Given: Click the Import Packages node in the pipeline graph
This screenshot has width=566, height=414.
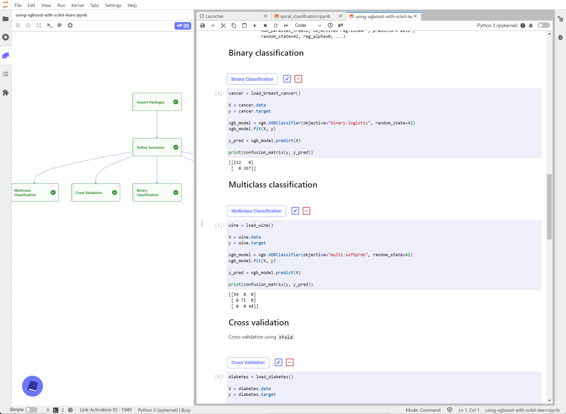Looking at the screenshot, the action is coord(157,102).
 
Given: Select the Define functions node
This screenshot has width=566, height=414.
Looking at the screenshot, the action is coord(157,147).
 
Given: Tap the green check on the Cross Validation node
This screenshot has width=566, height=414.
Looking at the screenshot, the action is coord(114,192).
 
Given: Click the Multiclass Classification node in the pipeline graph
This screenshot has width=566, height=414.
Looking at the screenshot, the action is coord(35,192).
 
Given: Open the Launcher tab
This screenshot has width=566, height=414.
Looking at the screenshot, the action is coord(215,16).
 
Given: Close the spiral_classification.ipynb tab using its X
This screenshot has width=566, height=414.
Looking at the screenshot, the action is coord(340,16).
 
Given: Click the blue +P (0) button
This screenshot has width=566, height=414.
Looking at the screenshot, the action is coord(183,26).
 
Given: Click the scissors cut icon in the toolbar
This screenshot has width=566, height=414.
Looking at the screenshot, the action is coord(223,26).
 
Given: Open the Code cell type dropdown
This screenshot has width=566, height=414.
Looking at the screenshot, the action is coord(308,25).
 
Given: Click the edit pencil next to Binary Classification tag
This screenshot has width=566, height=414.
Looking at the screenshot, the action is coord(287,79).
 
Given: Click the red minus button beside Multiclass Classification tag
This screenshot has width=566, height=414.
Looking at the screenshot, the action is coord(306,211).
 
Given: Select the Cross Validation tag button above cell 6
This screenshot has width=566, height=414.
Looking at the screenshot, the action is coord(248,363).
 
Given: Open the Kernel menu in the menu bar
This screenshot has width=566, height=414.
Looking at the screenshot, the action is coord(78,5).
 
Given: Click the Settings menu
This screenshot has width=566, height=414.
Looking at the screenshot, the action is coord(113,5).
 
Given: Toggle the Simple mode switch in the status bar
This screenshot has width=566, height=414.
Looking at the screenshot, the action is coord(32,410).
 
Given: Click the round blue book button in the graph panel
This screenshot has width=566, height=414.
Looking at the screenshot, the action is coord(32,386).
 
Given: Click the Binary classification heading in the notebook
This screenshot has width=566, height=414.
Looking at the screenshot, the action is coord(266,53).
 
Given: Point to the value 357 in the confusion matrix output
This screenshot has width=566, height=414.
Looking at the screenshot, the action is coord(247,168).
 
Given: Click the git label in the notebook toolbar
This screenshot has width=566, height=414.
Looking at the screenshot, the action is coord(340,25).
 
